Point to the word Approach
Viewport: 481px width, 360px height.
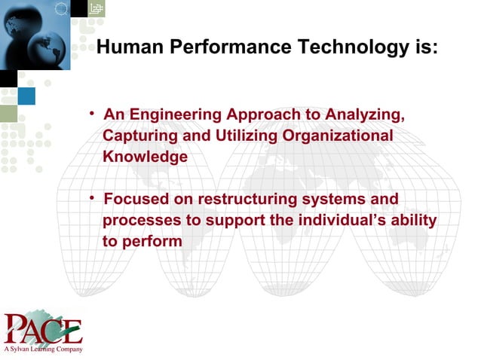click(x=264, y=115)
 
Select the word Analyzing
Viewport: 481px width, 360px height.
click(x=365, y=115)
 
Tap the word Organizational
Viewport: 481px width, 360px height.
click(x=339, y=136)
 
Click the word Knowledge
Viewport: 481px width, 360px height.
click(x=145, y=157)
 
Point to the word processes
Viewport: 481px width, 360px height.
click(x=137, y=221)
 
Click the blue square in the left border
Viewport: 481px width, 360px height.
click(x=26, y=96)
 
